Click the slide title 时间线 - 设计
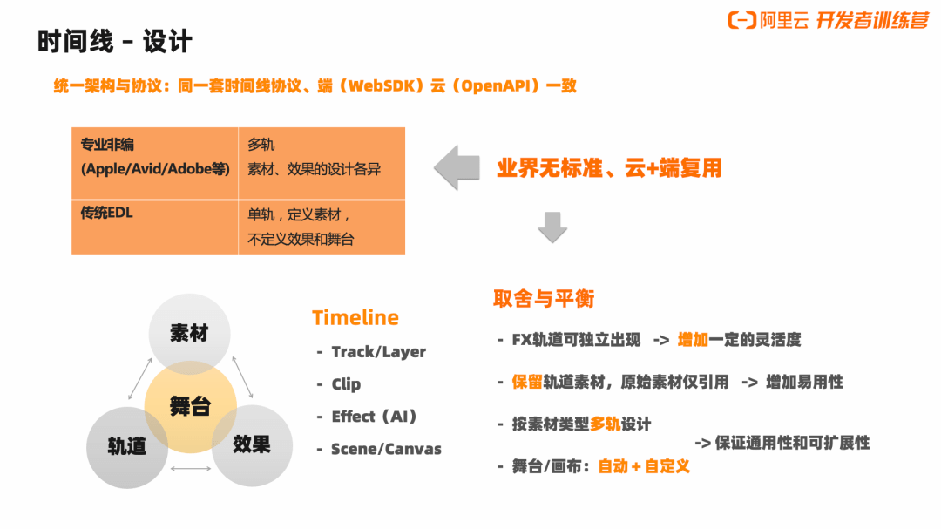click(x=115, y=41)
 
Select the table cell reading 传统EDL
click(x=154, y=227)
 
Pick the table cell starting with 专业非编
click(x=154, y=163)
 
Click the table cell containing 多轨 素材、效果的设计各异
click(x=321, y=163)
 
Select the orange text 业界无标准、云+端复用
click(x=609, y=167)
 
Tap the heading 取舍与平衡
click(x=544, y=298)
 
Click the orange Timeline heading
click(x=355, y=317)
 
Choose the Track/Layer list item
click(x=378, y=352)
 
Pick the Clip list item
click(x=346, y=384)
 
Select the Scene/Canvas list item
click(x=386, y=450)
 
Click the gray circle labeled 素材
click(x=189, y=333)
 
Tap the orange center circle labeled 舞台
click(x=190, y=406)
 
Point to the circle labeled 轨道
click(x=126, y=446)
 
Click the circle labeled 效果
click(x=252, y=444)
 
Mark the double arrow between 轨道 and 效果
click(x=190, y=469)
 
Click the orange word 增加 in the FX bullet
click(x=693, y=340)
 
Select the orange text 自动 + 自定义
click(x=644, y=466)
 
